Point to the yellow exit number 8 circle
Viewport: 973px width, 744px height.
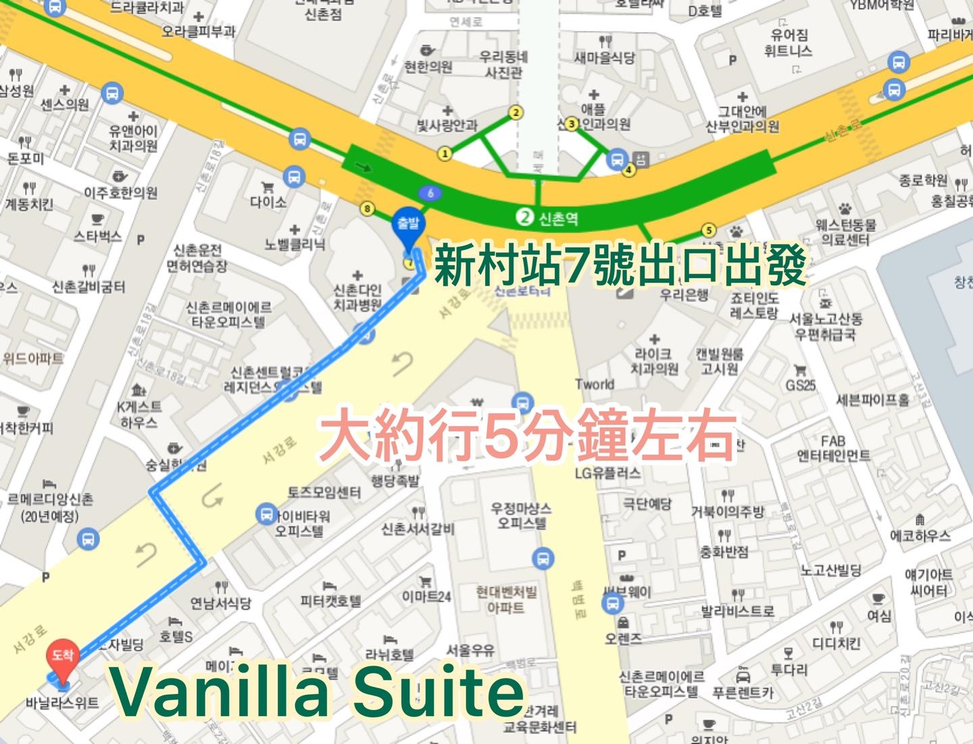[x=368, y=208]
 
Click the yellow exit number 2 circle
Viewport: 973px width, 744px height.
[x=516, y=112]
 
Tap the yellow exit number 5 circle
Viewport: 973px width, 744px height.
[x=708, y=230]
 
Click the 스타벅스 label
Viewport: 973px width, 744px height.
[x=98, y=236]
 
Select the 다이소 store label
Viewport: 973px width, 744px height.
[x=268, y=202]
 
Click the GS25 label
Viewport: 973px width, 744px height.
[x=801, y=385]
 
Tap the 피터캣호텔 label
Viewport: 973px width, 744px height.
[x=330, y=601]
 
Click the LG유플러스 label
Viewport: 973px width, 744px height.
[x=607, y=473]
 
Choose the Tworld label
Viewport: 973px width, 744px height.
[x=595, y=384]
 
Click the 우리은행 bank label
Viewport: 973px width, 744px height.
[x=684, y=295]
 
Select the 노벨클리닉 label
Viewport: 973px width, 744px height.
[x=295, y=244]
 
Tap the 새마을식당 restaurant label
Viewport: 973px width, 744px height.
[x=604, y=57]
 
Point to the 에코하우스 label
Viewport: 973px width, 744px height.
[x=920, y=536]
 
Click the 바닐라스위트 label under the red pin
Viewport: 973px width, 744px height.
[x=62, y=703]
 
